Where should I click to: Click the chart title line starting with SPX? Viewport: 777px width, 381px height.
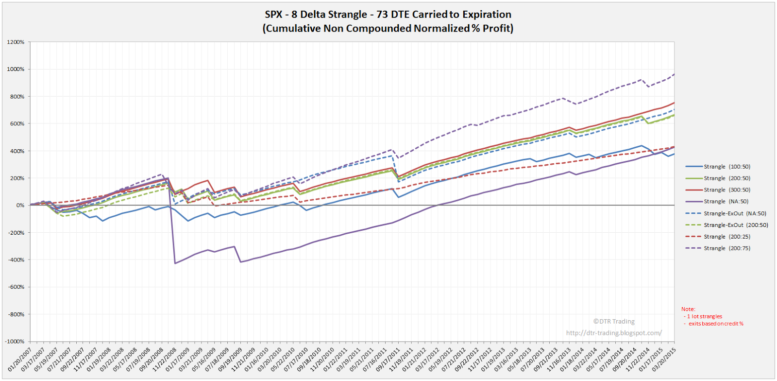(388, 15)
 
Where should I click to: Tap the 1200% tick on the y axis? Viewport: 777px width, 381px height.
(16, 42)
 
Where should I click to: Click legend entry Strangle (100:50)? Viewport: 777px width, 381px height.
(726, 167)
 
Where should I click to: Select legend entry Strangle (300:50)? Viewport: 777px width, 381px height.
(726, 190)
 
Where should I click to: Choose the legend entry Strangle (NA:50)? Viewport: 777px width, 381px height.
(726, 202)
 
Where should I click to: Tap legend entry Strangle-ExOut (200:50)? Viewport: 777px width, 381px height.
(735, 225)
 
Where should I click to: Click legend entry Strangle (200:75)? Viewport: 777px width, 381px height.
(726, 248)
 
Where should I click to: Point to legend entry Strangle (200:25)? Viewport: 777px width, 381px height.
(726, 237)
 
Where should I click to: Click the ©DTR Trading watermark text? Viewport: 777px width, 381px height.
(613, 322)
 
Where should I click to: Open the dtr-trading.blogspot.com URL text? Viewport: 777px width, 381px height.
(613, 333)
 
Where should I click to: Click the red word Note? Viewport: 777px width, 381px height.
(688, 309)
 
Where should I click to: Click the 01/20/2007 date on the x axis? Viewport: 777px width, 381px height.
(20, 359)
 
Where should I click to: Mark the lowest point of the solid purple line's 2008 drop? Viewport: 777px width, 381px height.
(175, 263)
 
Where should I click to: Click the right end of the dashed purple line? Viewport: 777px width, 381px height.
(674, 74)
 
